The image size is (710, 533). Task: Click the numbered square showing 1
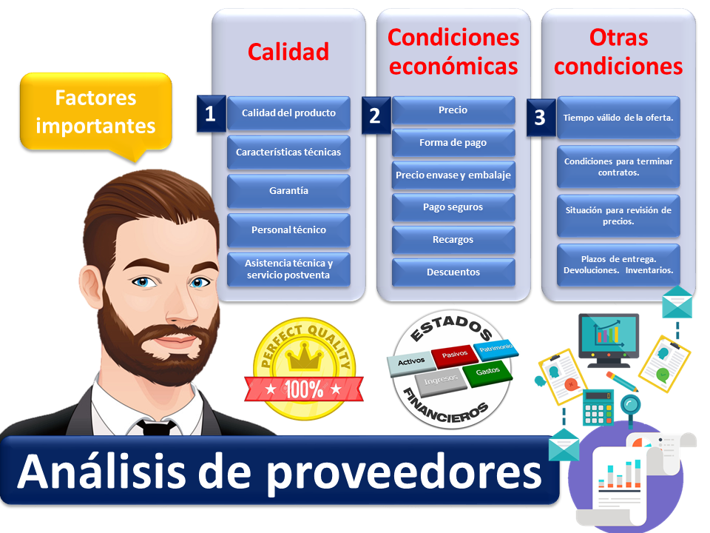tap(211, 113)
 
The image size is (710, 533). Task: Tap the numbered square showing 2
tap(376, 115)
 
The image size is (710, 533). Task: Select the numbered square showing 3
tap(541, 118)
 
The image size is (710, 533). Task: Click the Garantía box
tap(289, 191)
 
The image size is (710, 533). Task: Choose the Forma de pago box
tap(453, 143)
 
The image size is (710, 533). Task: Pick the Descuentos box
tap(453, 272)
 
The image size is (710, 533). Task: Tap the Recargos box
tap(453, 240)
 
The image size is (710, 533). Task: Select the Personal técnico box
tap(289, 229)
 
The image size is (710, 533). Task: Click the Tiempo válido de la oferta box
tap(618, 118)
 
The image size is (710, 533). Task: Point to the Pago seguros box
tap(453, 207)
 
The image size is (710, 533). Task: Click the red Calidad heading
tap(288, 52)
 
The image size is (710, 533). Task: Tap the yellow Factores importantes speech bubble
tap(96, 112)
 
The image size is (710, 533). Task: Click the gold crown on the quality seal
tap(305, 356)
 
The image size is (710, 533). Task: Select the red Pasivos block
tap(454, 355)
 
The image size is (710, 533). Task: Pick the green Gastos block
tap(487, 372)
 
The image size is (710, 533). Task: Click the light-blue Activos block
tap(411, 362)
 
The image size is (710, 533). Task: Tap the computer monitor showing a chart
tap(609, 340)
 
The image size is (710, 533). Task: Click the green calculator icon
tap(598, 407)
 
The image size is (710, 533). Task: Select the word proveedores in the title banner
tap(404, 473)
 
